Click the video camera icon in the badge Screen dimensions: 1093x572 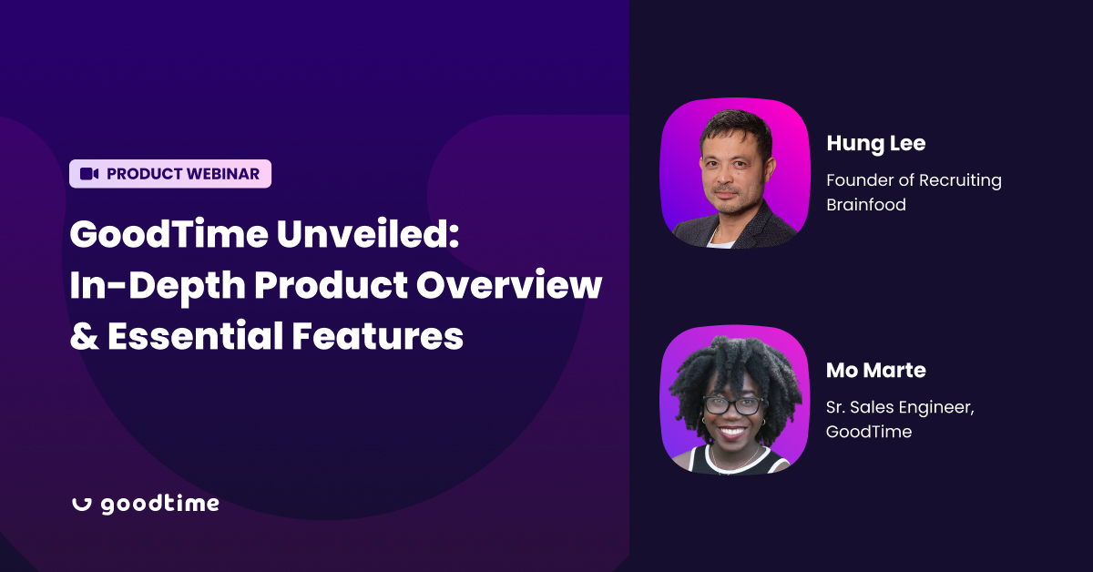pyautogui.click(x=89, y=174)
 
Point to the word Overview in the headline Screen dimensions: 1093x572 pyautogui.click(x=509, y=285)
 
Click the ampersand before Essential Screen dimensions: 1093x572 pyautogui.click(x=85, y=336)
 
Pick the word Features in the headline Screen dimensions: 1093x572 pyautogui.click(x=378, y=336)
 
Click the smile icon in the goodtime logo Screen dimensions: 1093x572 pyautogui.click(x=82, y=506)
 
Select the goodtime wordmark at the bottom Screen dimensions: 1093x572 pyautogui.click(x=160, y=505)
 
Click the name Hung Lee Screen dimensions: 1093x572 pyautogui.click(x=876, y=144)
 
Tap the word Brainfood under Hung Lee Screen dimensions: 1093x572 pyautogui.click(x=866, y=205)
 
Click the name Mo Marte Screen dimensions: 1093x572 pyautogui.click(x=876, y=371)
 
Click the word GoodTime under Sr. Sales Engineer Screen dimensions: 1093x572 pyautogui.click(x=869, y=432)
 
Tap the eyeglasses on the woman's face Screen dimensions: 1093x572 pyautogui.click(x=733, y=405)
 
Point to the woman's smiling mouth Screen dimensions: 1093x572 pyautogui.click(x=733, y=432)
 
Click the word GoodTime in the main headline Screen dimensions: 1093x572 pyautogui.click(x=169, y=234)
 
